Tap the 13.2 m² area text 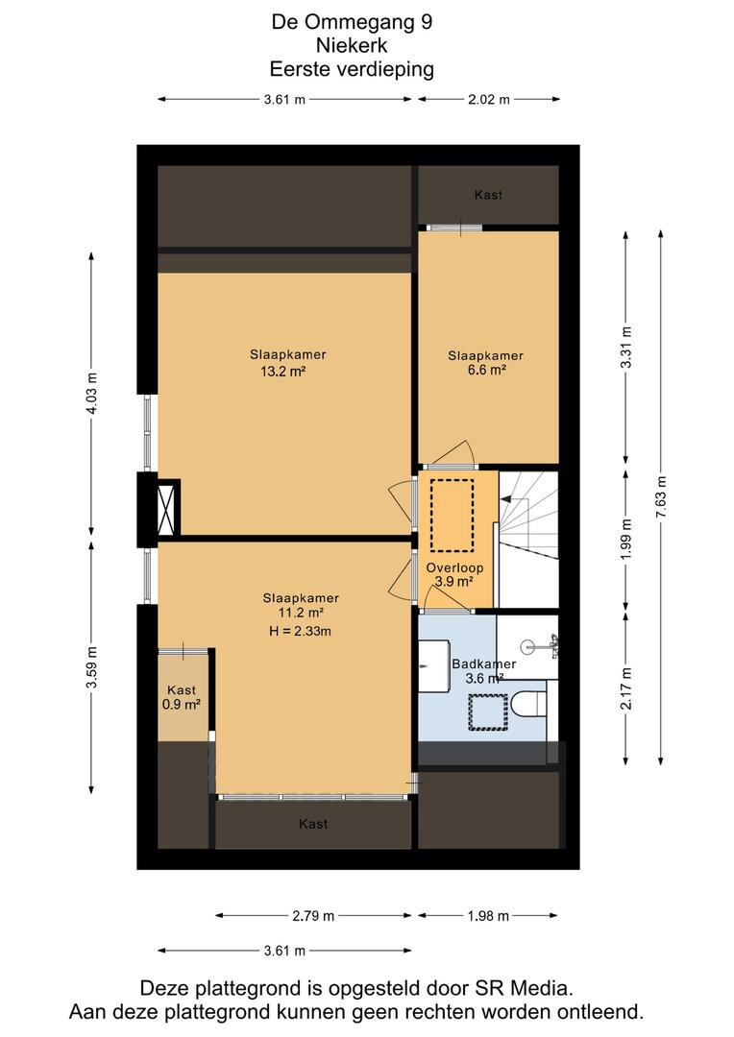(x=282, y=371)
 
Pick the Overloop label (x=454, y=567)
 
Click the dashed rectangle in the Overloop (x=453, y=516)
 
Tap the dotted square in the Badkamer (x=488, y=711)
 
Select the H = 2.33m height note (x=300, y=631)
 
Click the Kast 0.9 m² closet (x=183, y=697)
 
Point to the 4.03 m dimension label (x=92, y=394)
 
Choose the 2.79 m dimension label (x=313, y=916)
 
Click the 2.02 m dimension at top (x=489, y=99)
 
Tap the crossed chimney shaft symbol (x=165, y=509)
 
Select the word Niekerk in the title (x=352, y=46)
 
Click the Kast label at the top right (x=488, y=194)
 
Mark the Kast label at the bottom (x=313, y=824)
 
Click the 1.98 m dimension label (x=488, y=916)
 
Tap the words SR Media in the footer (x=523, y=988)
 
